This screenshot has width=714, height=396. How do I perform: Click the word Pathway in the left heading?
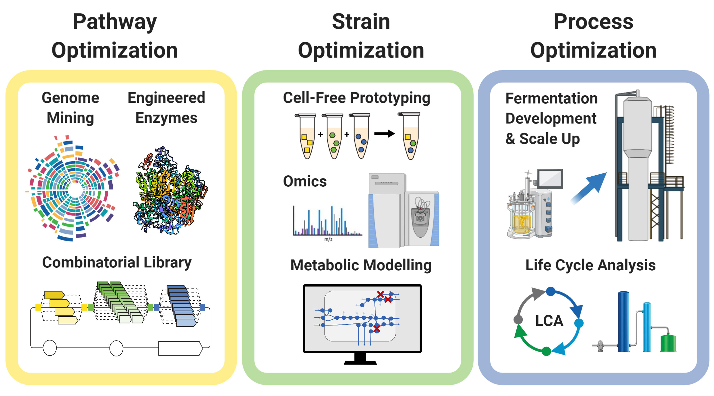(x=115, y=22)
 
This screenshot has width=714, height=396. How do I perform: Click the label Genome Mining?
(x=70, y=108)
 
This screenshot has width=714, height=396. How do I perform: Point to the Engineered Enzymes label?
(x=166, y=108)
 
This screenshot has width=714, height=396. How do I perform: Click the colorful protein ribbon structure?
(x=170, y=191)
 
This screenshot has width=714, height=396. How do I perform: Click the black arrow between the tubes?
(x=384, y=134)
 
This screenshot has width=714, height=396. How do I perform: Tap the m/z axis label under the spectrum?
(x=328, y=239)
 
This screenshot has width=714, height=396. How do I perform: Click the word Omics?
(x=305, y=182)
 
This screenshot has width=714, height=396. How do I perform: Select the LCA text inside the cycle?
(x=549, y=321)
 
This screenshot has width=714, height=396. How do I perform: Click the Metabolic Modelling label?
(x=361, y=265)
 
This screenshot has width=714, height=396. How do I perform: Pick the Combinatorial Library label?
(x=117, y=262)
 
